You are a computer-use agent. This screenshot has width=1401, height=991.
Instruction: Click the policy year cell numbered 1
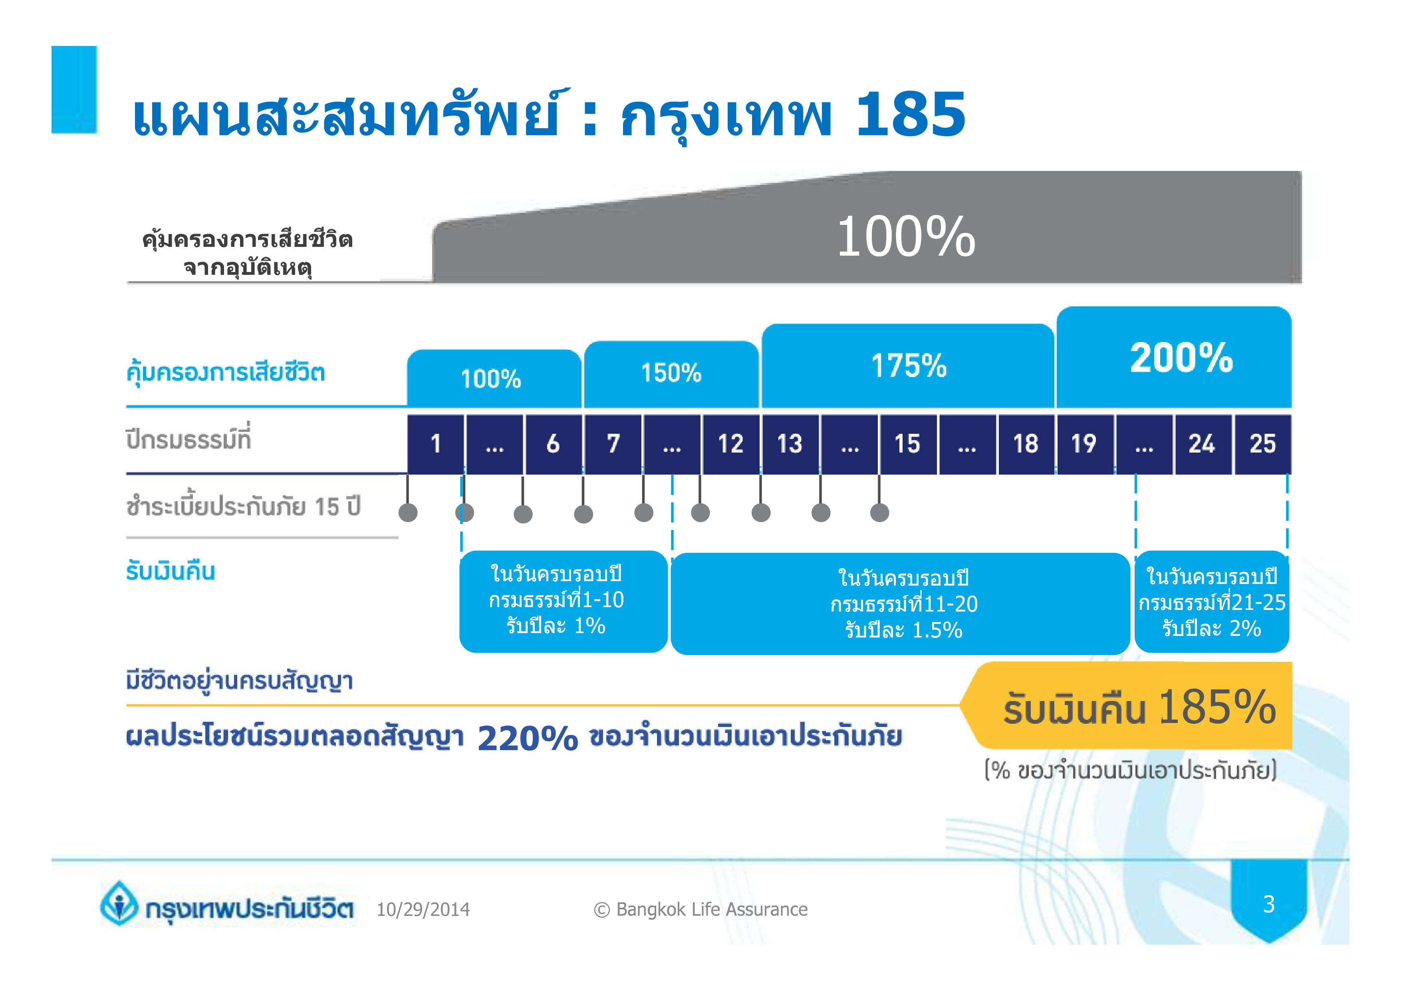coord(436,444)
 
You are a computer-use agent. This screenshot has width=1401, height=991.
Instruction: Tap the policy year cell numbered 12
coord(731,444)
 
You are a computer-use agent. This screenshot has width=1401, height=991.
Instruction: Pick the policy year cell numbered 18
coord(1026,444)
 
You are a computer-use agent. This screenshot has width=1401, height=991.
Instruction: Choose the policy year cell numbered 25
coord(1262,444)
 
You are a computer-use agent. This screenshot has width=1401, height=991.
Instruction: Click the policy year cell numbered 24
coord(1203,444)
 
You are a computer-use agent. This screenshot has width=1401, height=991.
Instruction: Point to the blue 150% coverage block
coord(671,374)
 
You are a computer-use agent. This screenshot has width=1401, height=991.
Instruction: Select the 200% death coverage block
coord(1174,357)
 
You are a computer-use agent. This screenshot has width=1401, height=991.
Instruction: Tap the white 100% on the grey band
coord(906,237)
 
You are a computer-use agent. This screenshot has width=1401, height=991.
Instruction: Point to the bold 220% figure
coord(528,738)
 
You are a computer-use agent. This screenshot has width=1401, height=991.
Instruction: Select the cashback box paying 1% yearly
coord(563,602)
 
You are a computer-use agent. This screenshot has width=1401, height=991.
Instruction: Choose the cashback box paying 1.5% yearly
coord(901,604)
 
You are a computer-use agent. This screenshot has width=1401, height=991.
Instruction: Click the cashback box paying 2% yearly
coord(1212,602)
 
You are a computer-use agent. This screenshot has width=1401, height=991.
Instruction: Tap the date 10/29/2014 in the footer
coord(423,909)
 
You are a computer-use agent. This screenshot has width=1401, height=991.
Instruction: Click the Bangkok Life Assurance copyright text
coord(700,909)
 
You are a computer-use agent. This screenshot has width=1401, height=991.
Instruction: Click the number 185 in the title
coord(911,114)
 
